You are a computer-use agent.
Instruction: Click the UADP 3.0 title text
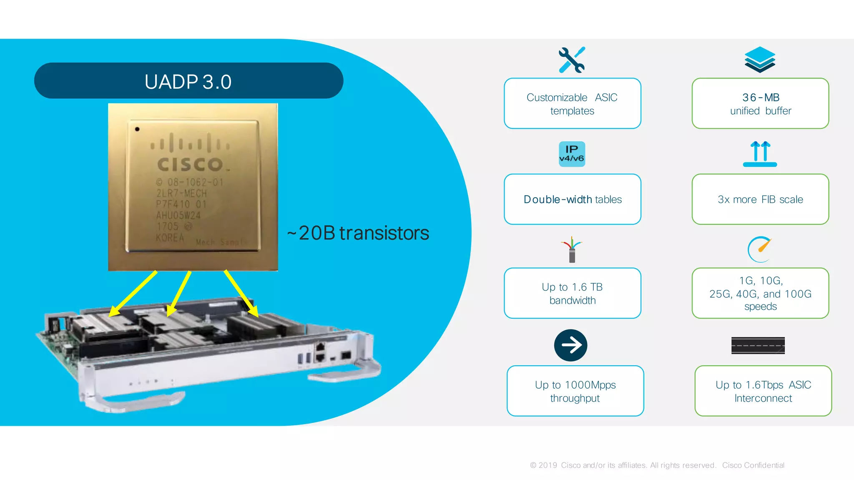[x=188, y=82]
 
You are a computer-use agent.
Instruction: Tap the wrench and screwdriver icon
[x=572, y=60]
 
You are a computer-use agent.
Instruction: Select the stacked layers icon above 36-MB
[x=760, y=60]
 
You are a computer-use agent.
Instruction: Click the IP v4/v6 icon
[x=572, y=154]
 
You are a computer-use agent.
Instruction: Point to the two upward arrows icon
[x=760, y=153]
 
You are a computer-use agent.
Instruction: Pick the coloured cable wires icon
[x=572, y=249]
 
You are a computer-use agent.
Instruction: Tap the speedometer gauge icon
[x=760, y=249]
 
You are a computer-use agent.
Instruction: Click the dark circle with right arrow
[x=571, y=345]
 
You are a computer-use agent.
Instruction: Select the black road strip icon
[x=758, y=345]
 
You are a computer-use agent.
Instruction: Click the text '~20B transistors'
[x=358, y=233]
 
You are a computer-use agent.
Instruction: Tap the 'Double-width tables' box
[x=572, y=199]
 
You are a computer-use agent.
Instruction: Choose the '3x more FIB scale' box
[x=760, y=199]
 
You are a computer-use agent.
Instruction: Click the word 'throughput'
[x=575, y=398]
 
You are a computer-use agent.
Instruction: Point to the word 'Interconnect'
[x=763, y=398]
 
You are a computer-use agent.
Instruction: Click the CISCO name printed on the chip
[x=190, y=164]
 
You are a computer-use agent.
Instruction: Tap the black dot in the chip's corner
[x=137, y=129]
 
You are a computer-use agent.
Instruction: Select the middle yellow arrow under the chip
[x=179, y=294]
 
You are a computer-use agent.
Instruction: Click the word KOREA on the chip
[x=170, y=238]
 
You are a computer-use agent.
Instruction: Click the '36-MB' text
[x=761, y=98]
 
